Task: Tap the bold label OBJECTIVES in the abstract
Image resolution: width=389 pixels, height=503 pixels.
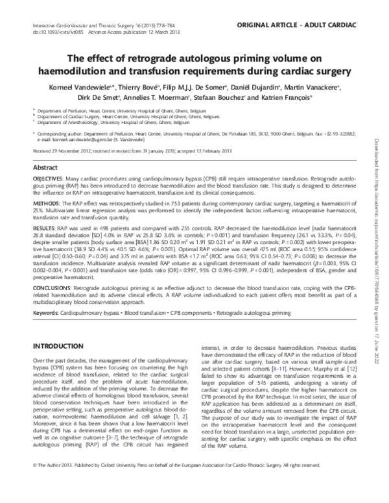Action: pos(49,177)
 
